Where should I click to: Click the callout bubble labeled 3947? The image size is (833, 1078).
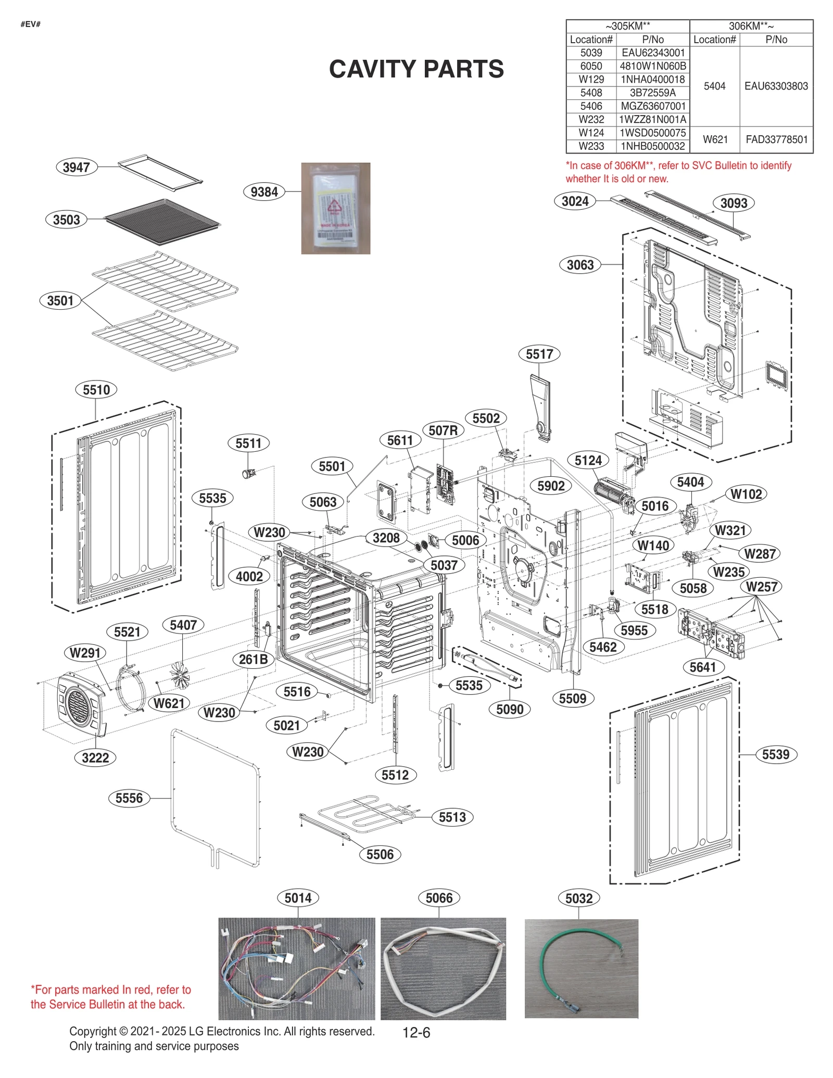click(76, 167)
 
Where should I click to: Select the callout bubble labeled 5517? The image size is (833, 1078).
click(539, 354)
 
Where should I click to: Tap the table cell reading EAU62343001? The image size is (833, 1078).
click(653, 53)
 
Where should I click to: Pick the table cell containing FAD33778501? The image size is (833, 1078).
click(776, 139)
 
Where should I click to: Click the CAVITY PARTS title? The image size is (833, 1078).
click(416, 69)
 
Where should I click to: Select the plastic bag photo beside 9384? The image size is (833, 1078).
click(335, 208)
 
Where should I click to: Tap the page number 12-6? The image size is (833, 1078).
click(416, 1032)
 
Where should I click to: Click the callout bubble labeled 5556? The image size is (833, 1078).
click(129, 798)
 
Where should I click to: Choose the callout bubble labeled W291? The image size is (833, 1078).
click(85, 652)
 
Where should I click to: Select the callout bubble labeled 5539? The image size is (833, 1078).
click(775, 754)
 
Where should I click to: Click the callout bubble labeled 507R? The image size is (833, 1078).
click(443, 430)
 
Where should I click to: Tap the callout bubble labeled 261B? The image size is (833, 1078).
click(253, 659)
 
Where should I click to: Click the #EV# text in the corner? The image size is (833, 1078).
click(30, 24)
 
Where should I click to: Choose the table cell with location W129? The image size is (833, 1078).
click(591, 79)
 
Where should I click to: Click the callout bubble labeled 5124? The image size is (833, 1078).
click(588, 460)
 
